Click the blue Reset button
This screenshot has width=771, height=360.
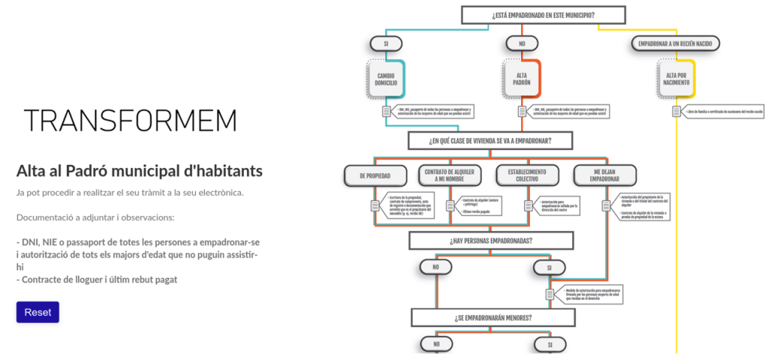[38, 312]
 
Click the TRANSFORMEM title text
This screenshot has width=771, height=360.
[130, 121]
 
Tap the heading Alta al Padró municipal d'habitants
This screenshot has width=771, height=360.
[139, 171]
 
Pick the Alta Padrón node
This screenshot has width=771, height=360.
[521, 78]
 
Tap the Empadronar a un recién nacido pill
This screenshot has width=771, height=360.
[675, 43]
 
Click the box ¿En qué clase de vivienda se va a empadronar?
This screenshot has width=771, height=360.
[489, 140]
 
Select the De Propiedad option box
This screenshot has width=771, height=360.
[373, 175]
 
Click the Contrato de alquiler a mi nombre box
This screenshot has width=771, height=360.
[449, 175]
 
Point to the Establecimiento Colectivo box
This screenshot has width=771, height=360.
[526, 175]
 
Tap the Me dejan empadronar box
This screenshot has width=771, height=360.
[604, 175]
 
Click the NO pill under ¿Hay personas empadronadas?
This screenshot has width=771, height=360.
[435, 267]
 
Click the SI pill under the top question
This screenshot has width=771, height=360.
[386, 43]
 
